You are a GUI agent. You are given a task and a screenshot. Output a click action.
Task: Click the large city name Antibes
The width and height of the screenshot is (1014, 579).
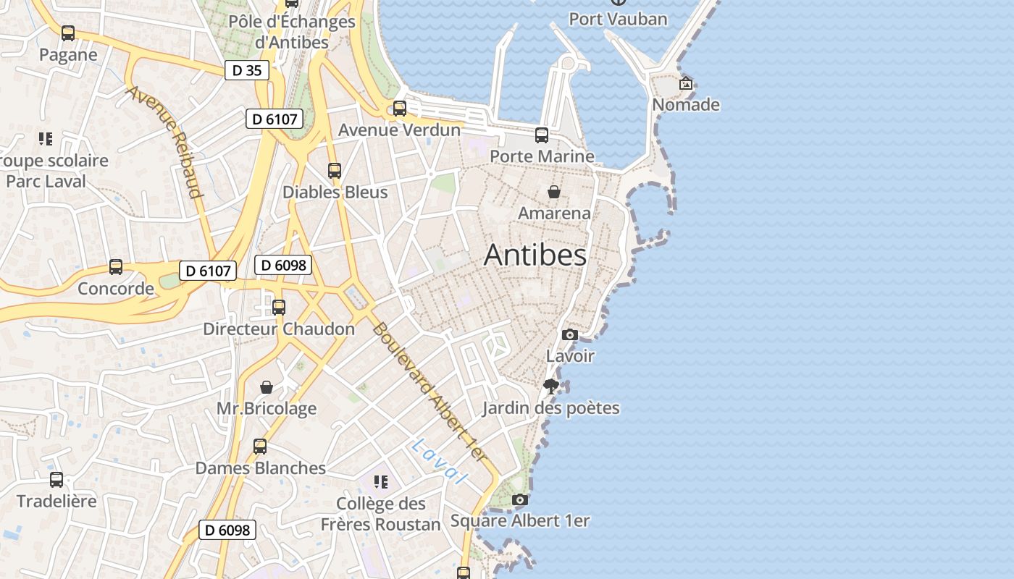click(x=535, y=255)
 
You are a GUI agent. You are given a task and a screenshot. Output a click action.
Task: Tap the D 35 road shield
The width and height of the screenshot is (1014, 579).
click(x=247, y=70)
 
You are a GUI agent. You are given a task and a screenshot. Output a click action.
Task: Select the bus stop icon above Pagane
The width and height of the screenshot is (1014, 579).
click(x=68, y=33)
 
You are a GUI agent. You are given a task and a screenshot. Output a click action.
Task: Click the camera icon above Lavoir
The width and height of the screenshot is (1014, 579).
click(x=570, y=334)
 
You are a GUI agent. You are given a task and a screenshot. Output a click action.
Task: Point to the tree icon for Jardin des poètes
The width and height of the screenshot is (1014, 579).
click(x=551, y=386)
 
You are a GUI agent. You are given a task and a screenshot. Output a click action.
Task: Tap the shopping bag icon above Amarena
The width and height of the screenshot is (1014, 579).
click(x=554, y=192)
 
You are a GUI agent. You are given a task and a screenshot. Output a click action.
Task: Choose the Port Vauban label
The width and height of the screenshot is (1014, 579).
click(x=618, y=19)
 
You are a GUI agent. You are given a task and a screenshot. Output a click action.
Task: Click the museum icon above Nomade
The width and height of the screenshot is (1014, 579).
click(x=686, y=83)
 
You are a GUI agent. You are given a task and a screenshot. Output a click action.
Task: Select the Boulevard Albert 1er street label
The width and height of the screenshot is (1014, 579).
click(x=428, y=391)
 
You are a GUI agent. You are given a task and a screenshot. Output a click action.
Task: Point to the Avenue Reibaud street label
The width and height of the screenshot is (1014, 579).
click(x=164, y=142)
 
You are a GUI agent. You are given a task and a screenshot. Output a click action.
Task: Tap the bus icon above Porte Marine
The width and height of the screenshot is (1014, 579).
click(x=542, y=135)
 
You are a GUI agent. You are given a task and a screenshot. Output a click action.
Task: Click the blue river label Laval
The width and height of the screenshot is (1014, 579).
click(x=438, y=461)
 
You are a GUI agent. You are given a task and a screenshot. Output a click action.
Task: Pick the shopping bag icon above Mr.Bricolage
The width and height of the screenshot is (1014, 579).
click(x=267, y=387)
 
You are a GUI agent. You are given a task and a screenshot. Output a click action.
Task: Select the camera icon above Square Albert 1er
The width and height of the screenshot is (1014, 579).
click(x=519, y=499)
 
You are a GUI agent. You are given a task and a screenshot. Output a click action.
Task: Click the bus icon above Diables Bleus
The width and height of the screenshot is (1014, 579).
click(x=335, y=171)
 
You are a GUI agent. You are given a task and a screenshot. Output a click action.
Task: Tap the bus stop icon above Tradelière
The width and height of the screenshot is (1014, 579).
click(x=56, y=479)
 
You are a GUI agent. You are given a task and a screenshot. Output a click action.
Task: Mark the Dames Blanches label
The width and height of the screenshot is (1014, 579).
click(x=261, y=468)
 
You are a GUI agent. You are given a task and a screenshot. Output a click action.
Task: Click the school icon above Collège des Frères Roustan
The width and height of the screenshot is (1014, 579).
click(x=381, y=482)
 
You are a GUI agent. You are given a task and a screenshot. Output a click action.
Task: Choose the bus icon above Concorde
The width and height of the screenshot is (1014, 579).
click(x=116, y=267)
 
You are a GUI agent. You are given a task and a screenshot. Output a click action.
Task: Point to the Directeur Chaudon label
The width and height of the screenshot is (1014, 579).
click(x=279, y=329)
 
